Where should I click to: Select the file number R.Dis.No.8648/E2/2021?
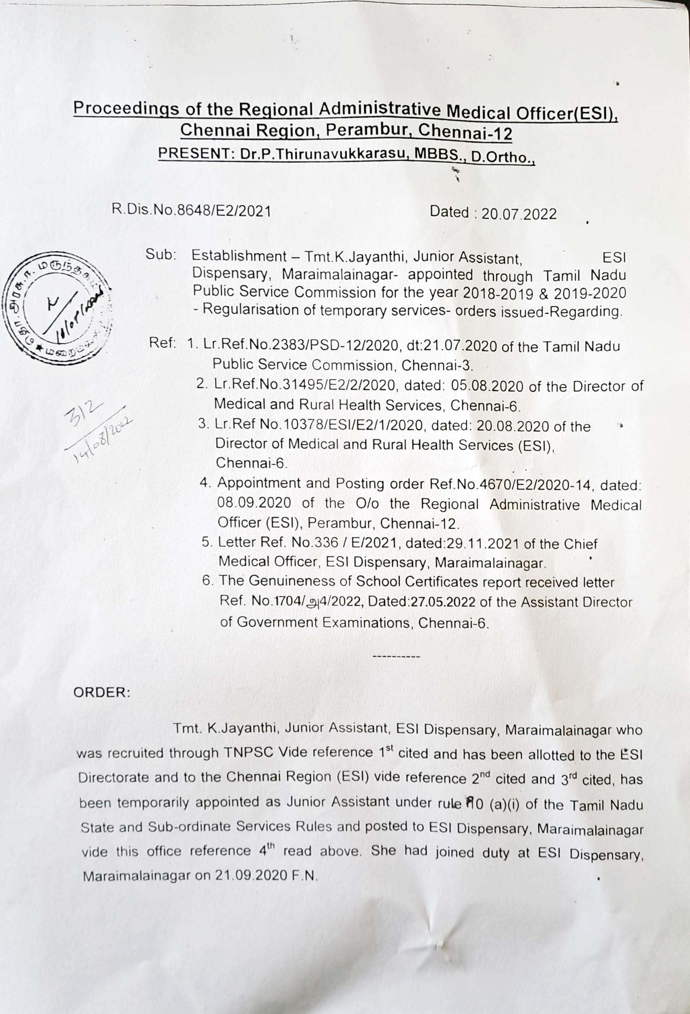(x=192, y=211)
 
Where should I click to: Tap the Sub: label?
(x=161, y=256)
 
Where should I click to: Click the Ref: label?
(x=162, y=343)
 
